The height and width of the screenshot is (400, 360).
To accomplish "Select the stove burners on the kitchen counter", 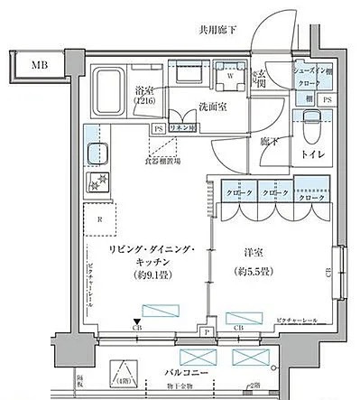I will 96,184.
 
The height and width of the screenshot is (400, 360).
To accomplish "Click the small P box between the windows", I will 208,331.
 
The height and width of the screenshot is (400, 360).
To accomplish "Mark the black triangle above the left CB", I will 137,321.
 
